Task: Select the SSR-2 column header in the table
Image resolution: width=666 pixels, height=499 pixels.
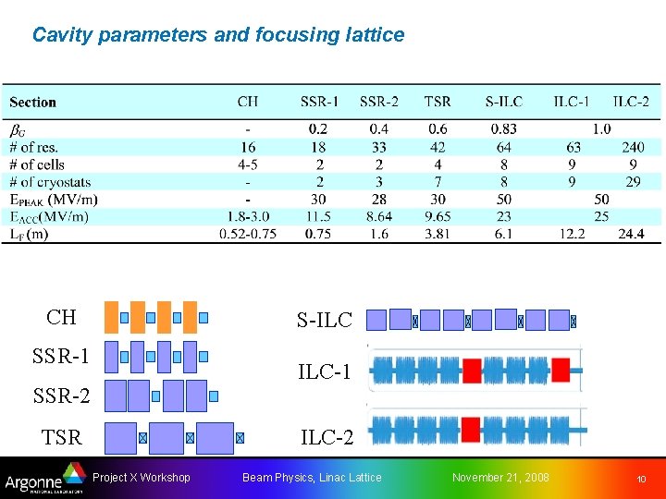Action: [379, 103]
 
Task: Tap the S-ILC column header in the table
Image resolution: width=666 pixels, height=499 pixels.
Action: [503, 103]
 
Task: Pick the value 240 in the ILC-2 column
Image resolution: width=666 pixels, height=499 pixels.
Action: [633, 147]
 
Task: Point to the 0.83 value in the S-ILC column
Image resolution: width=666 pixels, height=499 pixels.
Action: [503, 129]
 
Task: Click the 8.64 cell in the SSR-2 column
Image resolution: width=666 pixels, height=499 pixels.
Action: [379, 216]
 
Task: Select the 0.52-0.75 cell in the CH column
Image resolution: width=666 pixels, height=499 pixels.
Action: [247, 234]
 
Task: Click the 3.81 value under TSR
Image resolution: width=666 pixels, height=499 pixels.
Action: [438, 234]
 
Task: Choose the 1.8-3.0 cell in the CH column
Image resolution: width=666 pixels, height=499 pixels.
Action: [247, 216]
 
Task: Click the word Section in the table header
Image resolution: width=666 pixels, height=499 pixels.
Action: [33, 103]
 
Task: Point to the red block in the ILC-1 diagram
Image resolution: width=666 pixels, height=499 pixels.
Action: [560, 371]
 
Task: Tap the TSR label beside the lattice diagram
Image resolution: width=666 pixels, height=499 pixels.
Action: [62, 437]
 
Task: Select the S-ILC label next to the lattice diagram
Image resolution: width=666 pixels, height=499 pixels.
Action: [324, 321]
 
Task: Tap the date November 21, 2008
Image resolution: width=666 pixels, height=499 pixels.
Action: [499, 478]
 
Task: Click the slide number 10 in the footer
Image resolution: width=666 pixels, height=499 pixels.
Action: [641, 479]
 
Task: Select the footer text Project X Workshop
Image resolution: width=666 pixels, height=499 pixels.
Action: [142, 478]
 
